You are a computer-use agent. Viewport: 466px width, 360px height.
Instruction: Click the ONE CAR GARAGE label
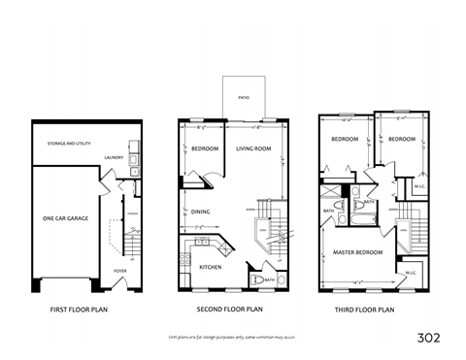(x=65, y=219)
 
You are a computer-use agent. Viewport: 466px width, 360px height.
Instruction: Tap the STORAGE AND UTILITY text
(x=69, y=143)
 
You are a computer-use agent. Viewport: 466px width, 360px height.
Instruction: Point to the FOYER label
(x=119, y=271)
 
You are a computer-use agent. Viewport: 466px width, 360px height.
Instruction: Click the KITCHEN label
(x=211, y=266)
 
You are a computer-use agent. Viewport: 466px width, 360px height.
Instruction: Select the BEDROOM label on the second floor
(x=204, y=148)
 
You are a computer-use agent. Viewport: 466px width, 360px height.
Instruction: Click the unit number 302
(x=428, y=338)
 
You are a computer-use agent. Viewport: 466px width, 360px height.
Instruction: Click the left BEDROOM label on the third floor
(x=345, y=140)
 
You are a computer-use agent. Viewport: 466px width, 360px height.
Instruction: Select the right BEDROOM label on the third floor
(x=399, y=140)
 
